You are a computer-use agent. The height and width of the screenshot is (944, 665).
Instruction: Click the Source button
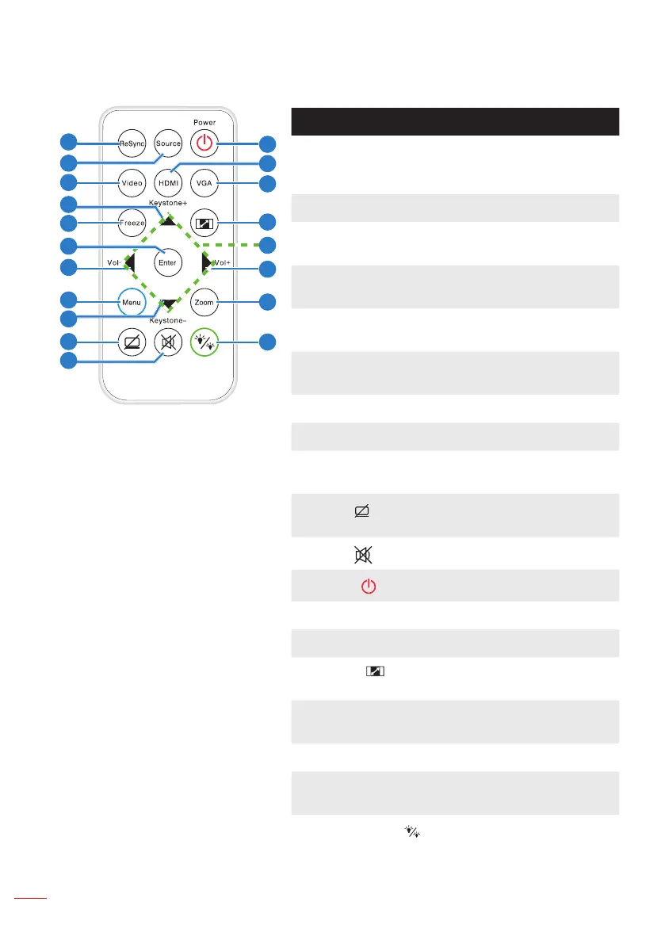coord(168,143)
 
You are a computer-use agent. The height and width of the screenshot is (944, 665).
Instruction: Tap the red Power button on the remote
coord(204,143)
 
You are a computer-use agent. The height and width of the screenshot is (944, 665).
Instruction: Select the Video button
coord(132,183)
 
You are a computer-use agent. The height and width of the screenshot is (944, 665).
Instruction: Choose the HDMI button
coord(168,183)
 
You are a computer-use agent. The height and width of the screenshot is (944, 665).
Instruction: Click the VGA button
coord(204,183)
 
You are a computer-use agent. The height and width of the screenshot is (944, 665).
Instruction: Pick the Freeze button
coord(132,224)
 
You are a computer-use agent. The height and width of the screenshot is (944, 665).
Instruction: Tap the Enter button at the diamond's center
coord(168,262)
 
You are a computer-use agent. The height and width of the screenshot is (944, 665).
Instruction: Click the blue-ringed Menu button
coord(132,302)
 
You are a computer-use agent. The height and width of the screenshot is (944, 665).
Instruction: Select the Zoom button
coord(204,302)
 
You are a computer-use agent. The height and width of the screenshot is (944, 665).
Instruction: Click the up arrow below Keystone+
coord(168,222)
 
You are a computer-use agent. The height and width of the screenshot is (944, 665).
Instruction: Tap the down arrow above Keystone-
coord(168,304)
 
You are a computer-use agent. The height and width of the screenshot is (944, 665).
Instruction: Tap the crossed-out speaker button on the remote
coord(168,342)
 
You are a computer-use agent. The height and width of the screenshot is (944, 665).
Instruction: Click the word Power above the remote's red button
coord(204,123)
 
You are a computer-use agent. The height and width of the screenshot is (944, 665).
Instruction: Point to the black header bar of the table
coord(455,122)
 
